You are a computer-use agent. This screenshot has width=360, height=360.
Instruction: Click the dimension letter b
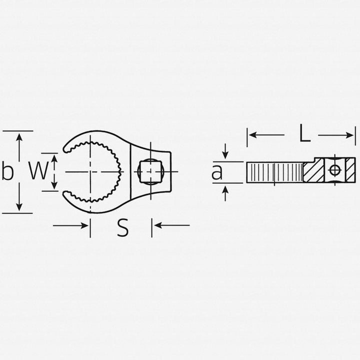(7, 171)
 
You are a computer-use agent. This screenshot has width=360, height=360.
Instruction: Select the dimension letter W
(37, 171)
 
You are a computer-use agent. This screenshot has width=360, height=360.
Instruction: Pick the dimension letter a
(216, 172)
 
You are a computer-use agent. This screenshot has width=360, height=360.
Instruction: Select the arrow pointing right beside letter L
(336, 135)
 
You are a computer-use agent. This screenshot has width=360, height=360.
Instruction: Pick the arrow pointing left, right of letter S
(172, 225)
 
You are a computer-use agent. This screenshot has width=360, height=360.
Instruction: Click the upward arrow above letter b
(19, 142)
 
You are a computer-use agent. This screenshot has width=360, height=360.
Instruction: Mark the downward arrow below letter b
(19, 200)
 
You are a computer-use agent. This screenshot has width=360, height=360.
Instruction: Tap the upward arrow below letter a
(225, 192)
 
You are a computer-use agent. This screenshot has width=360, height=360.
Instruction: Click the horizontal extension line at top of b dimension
(17, 130)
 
